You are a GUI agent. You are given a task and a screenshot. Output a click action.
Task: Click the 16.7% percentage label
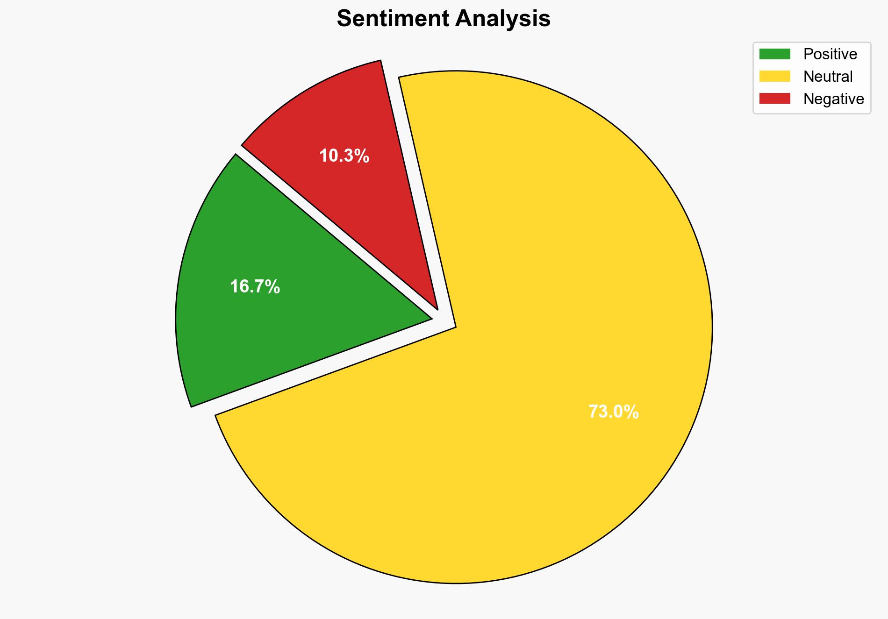255,287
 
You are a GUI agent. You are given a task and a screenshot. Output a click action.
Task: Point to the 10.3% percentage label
344,156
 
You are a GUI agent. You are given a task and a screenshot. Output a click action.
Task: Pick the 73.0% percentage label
613,412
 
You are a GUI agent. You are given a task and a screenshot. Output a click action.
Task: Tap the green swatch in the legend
774,54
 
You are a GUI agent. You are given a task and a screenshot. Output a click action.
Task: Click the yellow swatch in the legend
774,76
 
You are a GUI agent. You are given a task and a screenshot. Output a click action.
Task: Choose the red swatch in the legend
774,99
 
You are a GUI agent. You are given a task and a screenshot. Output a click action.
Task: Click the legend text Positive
830,54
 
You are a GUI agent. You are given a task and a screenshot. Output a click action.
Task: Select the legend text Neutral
828,76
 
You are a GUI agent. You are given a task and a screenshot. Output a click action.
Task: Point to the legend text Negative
833,99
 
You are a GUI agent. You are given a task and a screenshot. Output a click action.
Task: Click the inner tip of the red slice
437,308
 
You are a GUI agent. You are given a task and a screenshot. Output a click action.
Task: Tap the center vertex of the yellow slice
455,327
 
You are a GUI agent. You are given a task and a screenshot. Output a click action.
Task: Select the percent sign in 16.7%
273,287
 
